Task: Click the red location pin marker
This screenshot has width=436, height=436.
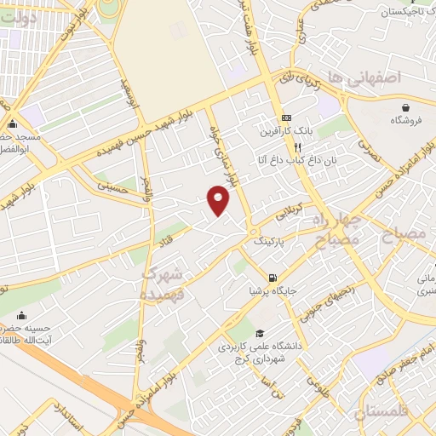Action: click(x=219, y=200)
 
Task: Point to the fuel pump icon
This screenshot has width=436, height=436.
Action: click(x=272, y=277)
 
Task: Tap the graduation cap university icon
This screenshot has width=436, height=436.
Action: click(x=259, y=333)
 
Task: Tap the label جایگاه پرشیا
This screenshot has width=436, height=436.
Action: click(x=271, y=290)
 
